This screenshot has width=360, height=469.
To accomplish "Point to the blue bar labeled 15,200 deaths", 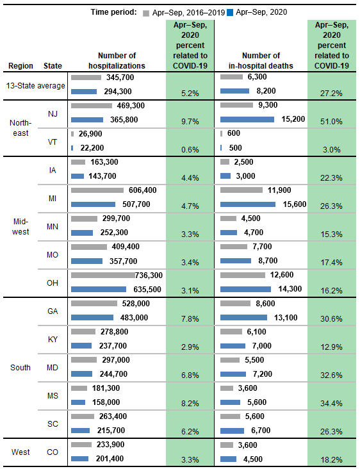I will click(247, 120).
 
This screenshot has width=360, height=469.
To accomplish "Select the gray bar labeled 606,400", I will click(97, 190).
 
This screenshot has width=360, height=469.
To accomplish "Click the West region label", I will click(20, 452).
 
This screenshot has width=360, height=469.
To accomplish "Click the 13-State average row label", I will click(35, 85).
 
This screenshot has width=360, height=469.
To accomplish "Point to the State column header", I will click(53, 66).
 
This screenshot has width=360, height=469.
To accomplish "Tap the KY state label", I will click(53, 339).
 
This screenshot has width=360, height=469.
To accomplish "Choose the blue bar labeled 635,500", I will click(102, 289).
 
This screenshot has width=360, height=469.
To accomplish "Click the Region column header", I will click(20, 66).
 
